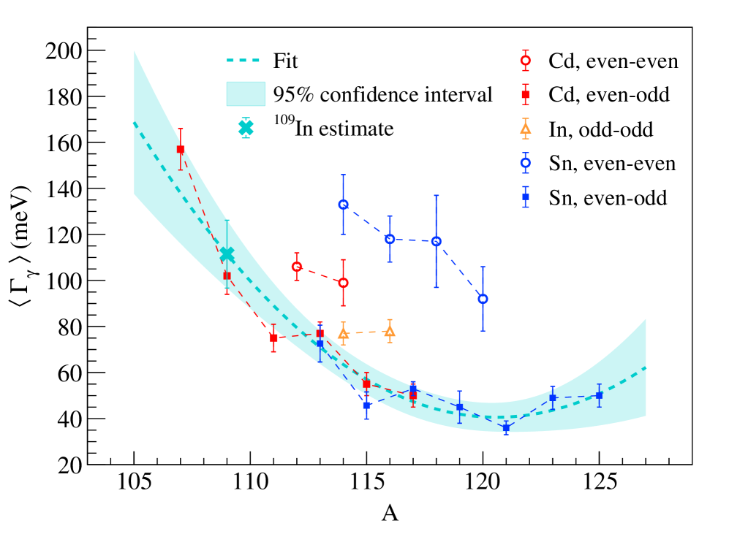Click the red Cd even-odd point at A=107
tap(181, 149)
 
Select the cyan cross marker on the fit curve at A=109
tap(227, 254)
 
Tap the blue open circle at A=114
tap(343, 205)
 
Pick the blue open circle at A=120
tap(483, 299)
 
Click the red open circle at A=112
tap(297, 267)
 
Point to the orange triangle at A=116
tap(390, 332)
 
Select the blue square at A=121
tap(506, 428)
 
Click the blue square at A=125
tap(599, 395)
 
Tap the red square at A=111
tap(273, 338)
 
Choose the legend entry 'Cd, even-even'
tap(613, 61)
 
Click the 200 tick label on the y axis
tap(64, 51)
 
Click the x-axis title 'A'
tap(390, 514)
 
